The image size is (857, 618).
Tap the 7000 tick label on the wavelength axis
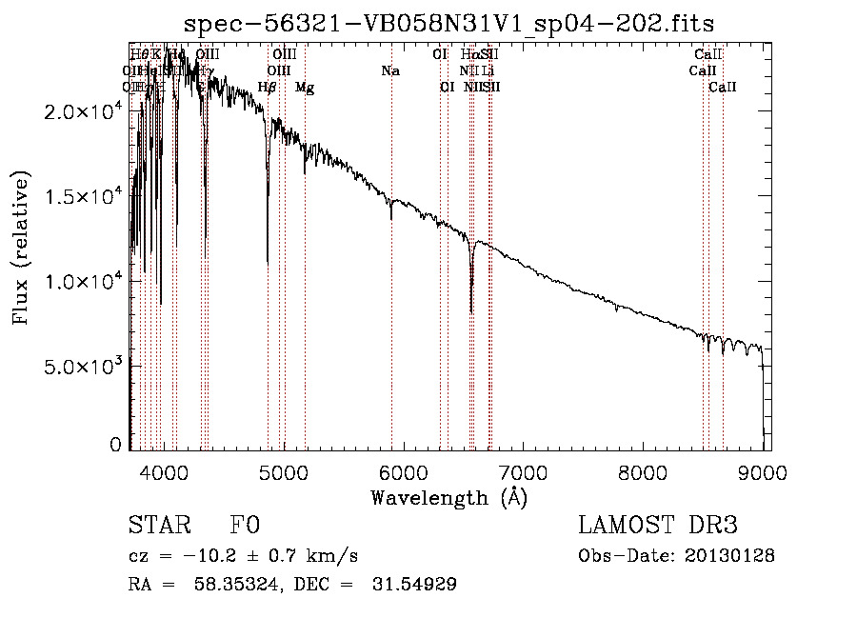coord(523,472)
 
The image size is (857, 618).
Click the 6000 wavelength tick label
coord(403,472)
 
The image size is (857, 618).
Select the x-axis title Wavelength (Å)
coord(449,498)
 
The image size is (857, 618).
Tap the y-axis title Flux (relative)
coord(21,249)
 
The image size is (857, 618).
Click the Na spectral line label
coord(390,70)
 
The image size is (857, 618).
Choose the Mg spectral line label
coord(305,88)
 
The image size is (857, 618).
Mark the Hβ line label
coord(268,88)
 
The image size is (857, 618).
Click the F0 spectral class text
coord(245,526)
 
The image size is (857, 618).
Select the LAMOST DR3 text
coord(658,526)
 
